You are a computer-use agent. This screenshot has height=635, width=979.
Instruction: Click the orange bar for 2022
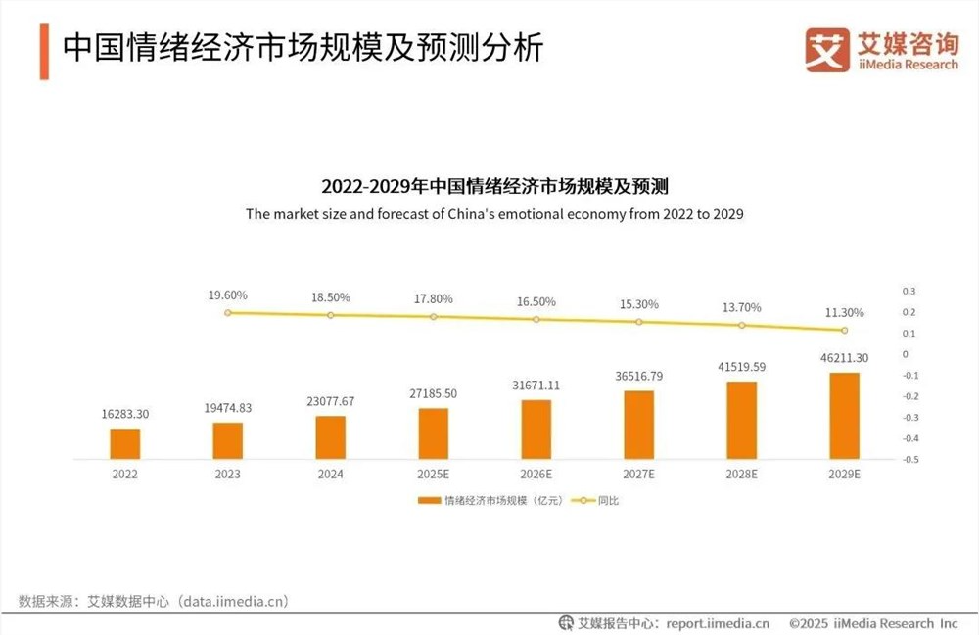(x=124, y=443)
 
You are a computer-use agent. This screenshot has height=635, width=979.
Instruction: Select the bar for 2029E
(x=844, y=415)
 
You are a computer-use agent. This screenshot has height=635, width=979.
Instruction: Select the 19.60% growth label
(x=227, y=295)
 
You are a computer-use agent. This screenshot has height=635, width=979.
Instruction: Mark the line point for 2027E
(x=638, y=322)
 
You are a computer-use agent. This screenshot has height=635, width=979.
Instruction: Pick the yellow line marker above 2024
(x=330, y=315)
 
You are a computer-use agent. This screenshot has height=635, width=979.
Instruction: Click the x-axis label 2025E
(x=433, y=474)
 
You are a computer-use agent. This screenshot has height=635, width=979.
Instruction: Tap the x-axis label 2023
(x=227, y=474)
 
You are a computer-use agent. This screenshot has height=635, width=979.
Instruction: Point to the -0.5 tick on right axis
(x=909, y=459)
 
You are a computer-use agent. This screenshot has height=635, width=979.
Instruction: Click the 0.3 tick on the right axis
(x=909, y=292)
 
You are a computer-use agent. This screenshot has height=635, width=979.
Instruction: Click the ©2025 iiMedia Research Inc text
(x=873, y=623)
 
